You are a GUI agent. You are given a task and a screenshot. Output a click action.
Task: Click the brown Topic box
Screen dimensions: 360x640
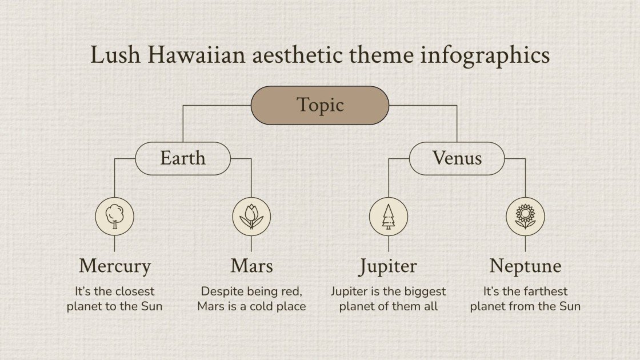(x=320, y=105)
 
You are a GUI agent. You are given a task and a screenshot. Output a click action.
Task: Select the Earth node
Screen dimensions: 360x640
(x=183, y=158)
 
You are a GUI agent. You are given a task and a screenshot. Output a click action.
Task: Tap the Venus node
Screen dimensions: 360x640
(x=457, y=158)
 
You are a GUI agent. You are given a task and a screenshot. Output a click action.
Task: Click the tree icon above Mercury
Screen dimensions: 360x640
(x=114, y=217)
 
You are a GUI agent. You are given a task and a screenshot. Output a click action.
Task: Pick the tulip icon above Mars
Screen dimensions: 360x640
(x=251, y=217)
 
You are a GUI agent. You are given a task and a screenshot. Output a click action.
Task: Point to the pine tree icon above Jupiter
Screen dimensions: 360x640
(x=389, y=217)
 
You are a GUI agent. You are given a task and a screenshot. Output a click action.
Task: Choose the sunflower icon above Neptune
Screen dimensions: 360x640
(x=525, y=217)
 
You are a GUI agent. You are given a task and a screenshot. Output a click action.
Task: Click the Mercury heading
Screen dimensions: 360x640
(x=114, y=266)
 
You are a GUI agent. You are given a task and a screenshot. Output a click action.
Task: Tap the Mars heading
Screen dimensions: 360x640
(x=251, y=266)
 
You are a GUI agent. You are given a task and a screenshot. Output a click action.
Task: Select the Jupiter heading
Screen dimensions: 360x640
(x=389, y=266)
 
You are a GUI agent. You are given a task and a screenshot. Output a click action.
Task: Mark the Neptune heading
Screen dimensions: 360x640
(x=525, y=266)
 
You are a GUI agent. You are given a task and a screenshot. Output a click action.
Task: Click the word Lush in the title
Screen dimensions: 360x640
(x=113, y=55)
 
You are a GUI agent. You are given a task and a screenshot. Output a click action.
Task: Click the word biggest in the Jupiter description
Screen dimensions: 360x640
(x=425, y=292)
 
